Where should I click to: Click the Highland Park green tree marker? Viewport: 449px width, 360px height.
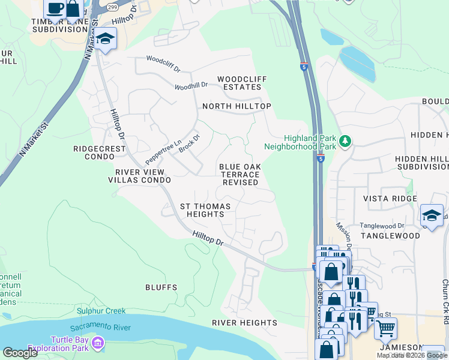click(345, 141)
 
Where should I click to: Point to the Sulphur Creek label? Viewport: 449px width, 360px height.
click(101, 311)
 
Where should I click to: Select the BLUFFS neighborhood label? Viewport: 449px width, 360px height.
click(161, 287)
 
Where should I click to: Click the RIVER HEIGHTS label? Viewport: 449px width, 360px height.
click(244, 323)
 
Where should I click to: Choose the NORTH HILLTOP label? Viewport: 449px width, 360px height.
click(237, 106)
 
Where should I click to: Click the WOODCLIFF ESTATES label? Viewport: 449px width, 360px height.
click(240, 83)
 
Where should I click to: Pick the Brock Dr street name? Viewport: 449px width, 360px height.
click(189, 143)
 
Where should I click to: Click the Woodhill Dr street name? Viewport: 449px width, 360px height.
click(191, 86)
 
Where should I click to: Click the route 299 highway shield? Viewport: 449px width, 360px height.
click(112, 7)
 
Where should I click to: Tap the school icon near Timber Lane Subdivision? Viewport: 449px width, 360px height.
click(106, 39)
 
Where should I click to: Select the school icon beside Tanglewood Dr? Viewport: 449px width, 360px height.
click(432, 215)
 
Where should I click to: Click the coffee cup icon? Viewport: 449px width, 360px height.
click(55, 8)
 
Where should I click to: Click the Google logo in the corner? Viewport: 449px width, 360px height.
click(20, 353)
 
